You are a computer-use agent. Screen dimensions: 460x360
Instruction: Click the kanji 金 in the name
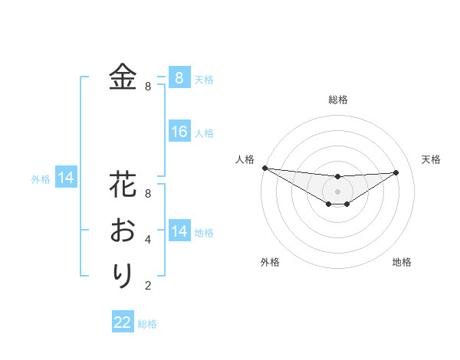(x=123, y=77)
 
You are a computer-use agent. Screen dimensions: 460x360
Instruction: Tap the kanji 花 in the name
(x=123, y=186)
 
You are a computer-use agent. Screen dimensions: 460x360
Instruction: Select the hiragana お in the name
(x=123, y=230)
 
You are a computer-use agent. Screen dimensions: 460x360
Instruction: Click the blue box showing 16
(x=179, y=132)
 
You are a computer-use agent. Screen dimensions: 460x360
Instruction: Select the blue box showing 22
(x=123, y=322)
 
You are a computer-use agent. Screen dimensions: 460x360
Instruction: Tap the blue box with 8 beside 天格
(x=179, y=77)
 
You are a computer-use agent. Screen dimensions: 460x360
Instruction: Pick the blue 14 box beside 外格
(x=66, y=178)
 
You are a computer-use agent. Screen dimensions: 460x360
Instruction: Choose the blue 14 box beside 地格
(x=179, y=231)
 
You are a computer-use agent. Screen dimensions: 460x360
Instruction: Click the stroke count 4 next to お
(x=148, y=240)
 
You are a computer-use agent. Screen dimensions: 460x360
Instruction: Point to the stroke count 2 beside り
(x=148, y=286)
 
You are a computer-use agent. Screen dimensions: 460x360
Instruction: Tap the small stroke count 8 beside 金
(x=148, y=87)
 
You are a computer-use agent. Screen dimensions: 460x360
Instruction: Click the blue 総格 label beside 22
(x=148, y=324)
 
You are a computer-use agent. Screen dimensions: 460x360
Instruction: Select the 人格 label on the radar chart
(x=245, y=159)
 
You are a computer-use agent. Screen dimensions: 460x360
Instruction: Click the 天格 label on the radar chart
(x=431, y=159)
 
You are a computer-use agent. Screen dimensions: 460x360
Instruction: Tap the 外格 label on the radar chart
(x=270, y=262)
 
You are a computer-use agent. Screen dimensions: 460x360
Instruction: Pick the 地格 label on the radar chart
(x=402, y=262)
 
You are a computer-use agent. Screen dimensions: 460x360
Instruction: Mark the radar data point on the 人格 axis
(x=264, y=168)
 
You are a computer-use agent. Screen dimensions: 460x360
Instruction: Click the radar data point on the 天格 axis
(x=396, y=172)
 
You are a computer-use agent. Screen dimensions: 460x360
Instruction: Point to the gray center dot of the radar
(x=337, y=191)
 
